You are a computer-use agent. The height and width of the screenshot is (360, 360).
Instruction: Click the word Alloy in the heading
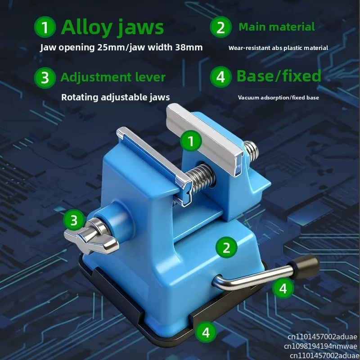(x=86, y=27)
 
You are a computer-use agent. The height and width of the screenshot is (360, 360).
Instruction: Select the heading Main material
(x=277, y=27)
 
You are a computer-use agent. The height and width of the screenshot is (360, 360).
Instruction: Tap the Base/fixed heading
(x=279, y=76)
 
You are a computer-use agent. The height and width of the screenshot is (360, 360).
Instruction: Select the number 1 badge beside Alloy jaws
(x=45, y=27)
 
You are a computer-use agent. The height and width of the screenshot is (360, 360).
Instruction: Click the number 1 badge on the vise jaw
(x=191, y=141)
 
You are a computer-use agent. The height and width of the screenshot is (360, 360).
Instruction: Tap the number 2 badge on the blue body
(x=227, y=247)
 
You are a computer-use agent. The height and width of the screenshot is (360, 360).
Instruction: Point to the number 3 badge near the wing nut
(x=74, y=220)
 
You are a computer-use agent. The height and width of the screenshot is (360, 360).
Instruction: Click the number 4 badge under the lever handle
(x=283, y=288)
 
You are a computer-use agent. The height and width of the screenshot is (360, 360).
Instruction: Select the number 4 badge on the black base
(x=206, y=332)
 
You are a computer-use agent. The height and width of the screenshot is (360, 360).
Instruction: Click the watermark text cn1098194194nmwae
(x=320, y=346)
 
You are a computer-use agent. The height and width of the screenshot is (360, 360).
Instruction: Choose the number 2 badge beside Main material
(x=220, y=27)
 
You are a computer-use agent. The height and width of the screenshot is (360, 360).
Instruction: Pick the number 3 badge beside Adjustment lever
(x=45, y=77)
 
